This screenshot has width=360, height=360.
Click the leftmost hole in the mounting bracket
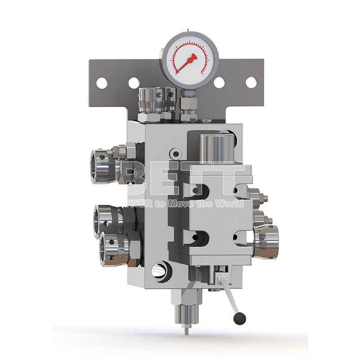[102, 83]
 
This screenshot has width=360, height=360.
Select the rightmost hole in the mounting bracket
[251, 82]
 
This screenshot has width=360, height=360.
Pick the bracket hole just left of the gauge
[134, 83]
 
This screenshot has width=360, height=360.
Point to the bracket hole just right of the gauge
[219, 82]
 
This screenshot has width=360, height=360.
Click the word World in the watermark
[231, 203]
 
